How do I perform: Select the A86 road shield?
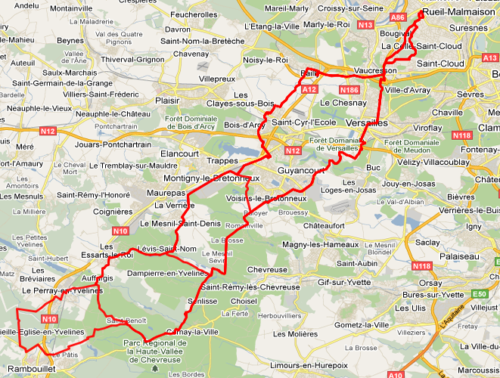(396, 16)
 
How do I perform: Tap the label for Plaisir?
(166, 100)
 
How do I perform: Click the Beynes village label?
(70, 40)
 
